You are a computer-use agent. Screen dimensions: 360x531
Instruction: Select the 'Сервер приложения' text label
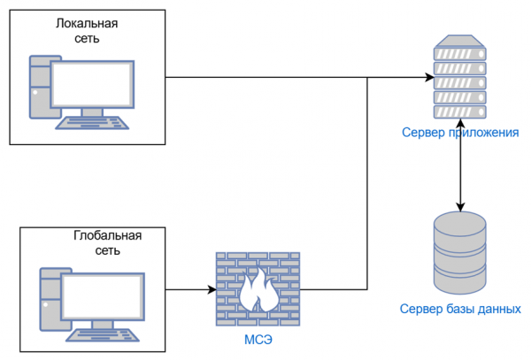point(459,133)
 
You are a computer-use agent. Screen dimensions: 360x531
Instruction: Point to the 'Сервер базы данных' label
point(460,310)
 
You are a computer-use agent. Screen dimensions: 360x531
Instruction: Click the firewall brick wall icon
point(258,287)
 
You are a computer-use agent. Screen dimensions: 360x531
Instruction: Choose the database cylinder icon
point(459,254)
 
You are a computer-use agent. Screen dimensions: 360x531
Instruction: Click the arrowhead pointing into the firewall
point(211,289)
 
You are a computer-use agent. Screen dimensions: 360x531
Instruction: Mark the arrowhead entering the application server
point(426,78)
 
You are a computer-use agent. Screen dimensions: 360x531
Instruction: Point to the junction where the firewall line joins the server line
point(367,78)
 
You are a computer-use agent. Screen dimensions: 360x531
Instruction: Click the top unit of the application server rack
point(459,44)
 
